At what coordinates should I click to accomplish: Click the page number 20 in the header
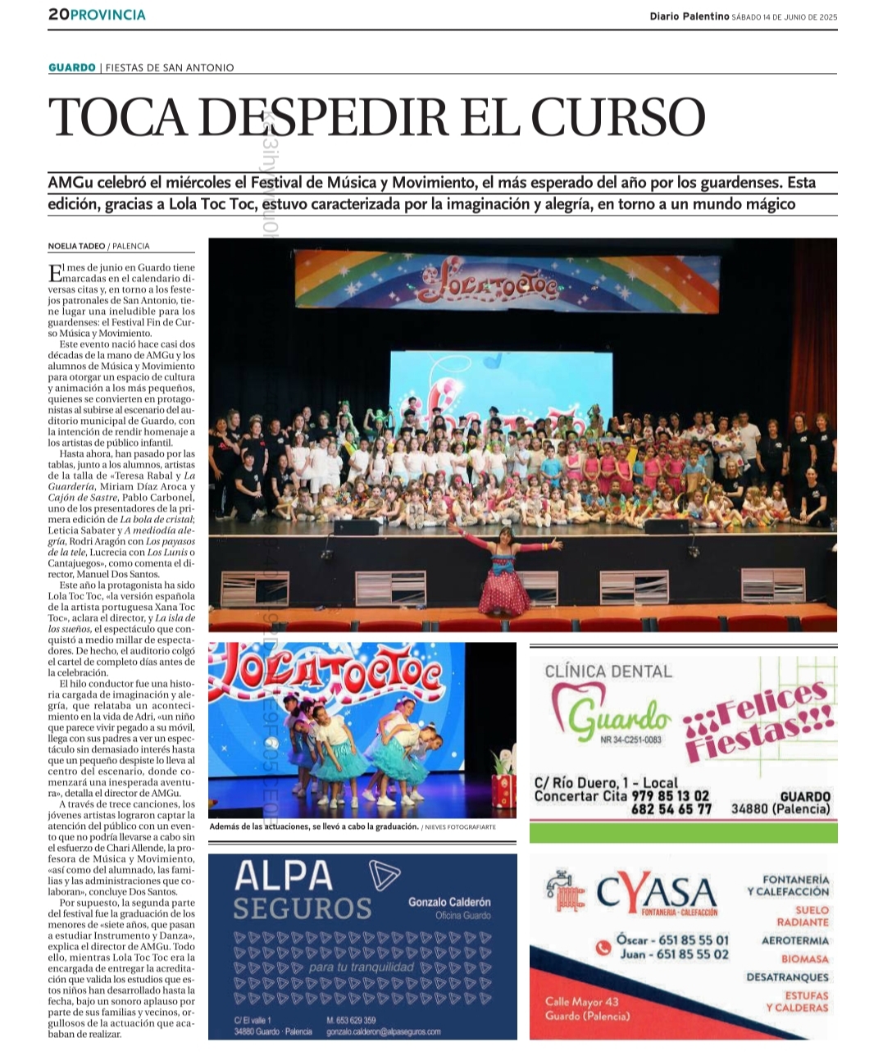[57, 15]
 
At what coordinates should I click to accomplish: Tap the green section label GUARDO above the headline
[72, 67]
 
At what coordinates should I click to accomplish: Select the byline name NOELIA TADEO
[75, 246]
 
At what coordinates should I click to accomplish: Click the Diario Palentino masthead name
[689, 16]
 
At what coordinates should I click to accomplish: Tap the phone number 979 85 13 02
[670, 796]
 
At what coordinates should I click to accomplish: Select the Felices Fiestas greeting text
[758, 719]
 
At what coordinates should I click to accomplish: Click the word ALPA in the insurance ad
[284, 876]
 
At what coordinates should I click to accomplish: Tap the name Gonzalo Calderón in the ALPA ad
[449, 902]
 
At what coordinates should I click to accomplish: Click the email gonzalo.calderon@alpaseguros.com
[383, 1031]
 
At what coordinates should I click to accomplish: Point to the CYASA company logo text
[656, 891]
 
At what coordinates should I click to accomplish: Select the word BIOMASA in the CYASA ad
[804, 958]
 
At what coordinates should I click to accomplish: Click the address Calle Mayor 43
[581, 1001]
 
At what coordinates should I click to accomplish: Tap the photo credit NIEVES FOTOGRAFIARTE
[461, 827]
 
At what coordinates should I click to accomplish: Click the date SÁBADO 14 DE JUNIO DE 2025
[785, 16]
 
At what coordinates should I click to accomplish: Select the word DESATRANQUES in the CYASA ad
[787, 977]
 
